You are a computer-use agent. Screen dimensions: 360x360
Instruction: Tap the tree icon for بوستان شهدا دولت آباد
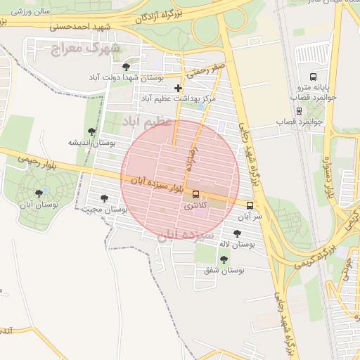(126, 67)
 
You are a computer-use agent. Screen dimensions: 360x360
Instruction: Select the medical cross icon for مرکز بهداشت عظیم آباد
(179, 89)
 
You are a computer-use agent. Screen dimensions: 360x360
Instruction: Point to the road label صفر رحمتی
(206, 68)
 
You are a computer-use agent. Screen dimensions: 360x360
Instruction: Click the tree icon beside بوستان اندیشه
(91, 131)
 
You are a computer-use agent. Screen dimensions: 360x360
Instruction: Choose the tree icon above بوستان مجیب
(105, 199)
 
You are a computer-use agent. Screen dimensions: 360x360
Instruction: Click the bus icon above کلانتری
(195, 194)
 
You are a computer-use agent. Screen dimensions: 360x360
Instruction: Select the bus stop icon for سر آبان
(250, 205)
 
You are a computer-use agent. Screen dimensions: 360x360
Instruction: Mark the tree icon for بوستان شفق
(224, 259)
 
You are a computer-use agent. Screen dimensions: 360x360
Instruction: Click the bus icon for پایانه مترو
(312, 77)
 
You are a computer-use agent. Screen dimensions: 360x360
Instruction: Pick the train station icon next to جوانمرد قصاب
(300, 110)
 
